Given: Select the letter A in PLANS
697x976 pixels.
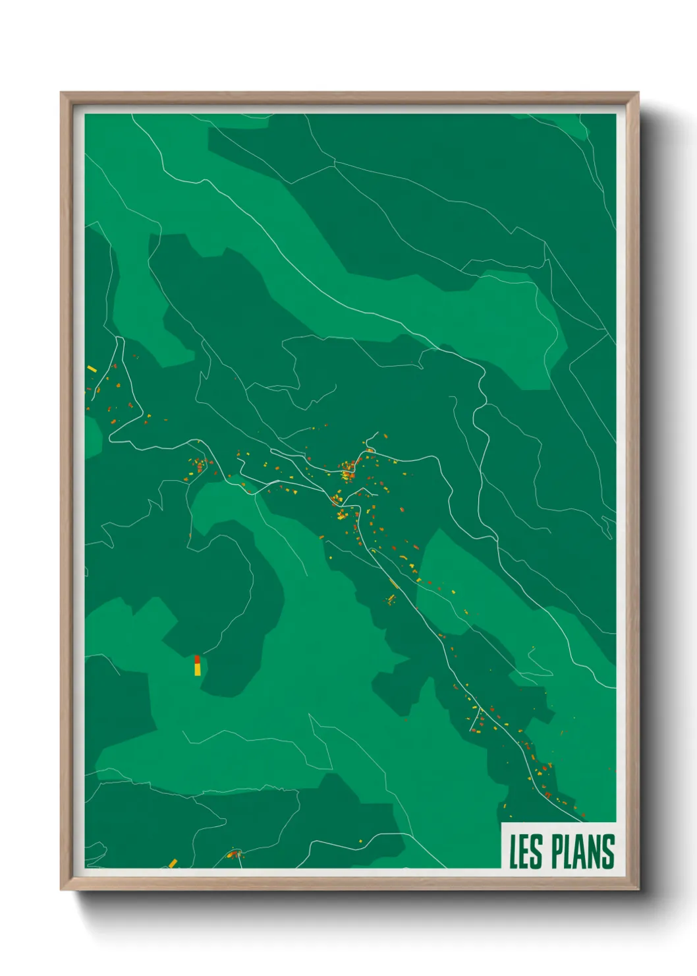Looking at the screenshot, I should point(582,851).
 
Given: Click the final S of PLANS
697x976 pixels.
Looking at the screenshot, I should point(608,851).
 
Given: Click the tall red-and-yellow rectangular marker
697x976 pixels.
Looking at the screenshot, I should point(197,665).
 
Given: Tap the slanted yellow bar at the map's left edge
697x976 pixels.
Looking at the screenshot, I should point(92,369).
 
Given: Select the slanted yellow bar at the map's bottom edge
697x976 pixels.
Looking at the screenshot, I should point(173,863).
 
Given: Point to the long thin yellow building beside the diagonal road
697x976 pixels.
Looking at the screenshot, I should point(394,584).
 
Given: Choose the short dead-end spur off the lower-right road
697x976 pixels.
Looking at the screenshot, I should point(474,722).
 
